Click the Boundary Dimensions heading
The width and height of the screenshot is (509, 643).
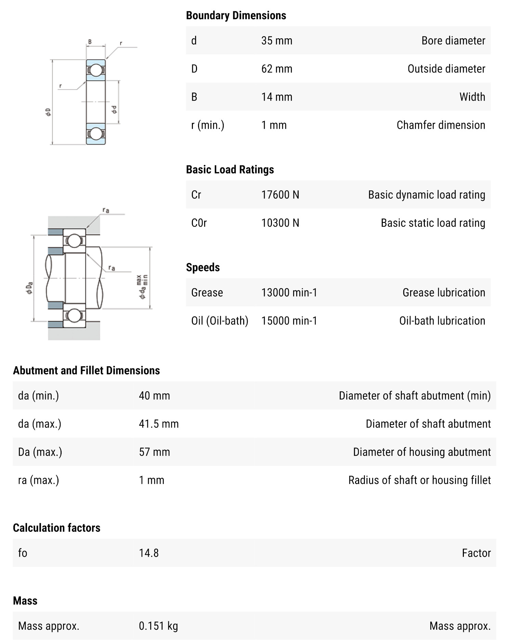236,15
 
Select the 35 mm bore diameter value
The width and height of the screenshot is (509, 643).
276,41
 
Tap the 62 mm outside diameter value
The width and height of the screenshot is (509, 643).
276,69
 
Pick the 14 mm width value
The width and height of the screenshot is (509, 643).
276,97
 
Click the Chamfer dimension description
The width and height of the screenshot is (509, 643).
441,125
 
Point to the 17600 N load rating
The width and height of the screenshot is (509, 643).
280,195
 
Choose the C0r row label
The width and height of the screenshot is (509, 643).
199,223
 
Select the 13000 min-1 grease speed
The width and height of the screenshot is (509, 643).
289,292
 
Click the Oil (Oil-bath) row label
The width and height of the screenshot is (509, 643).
220,321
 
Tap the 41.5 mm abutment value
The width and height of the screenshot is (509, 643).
158,424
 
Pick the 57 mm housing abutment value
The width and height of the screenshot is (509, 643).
154,452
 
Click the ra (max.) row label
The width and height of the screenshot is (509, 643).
38,480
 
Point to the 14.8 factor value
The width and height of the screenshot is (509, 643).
148,553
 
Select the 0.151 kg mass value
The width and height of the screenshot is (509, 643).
158,626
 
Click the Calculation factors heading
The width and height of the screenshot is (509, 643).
56,528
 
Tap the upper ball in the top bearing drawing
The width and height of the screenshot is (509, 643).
96,70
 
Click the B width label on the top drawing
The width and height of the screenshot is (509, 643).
90,42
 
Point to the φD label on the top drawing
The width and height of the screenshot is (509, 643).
48,112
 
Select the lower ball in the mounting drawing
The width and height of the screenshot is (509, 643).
74,315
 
